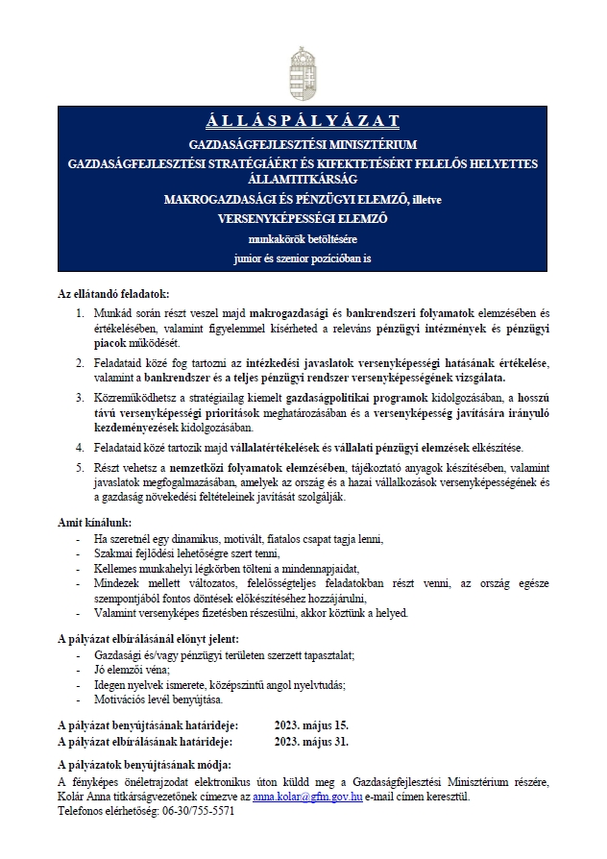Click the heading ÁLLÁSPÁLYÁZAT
pyautogui.click(x=303, y=120)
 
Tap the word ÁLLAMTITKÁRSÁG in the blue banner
pyautogui.click(x=303, y=180)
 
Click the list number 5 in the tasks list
pyautogui.click(x=80, y=467)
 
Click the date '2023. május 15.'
pyautogui.click(x=311, y=724)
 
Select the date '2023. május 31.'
pyautogui.click(x=311, y=742)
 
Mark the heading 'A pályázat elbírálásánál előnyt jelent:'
pyautogui.click(x=149, y=638)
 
